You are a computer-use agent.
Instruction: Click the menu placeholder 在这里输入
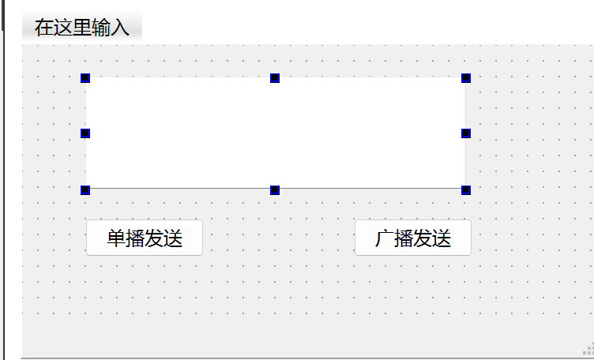[x=81, y=28]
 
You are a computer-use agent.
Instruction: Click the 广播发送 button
[x=412, y=238]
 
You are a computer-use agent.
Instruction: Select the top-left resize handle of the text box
[x=85, y=78]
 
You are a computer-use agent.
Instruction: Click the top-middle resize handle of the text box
[x=275, y=78]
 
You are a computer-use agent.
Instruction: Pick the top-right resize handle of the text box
[x=466, y=78]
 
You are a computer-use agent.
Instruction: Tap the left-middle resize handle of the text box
[x=85, y=133]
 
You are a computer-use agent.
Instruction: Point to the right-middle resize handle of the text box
[x=466, y=133]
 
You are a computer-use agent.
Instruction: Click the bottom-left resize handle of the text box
[x=85, y=189]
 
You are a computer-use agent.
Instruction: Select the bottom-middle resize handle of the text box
[x=275, y=189]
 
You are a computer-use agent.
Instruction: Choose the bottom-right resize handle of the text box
[x=466, y=189]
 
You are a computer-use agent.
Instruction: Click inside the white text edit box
[x=275, y=133]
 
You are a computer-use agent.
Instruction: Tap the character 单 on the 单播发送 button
[x=116, y=238]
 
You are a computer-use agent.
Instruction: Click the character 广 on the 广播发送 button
[x=384, y=238]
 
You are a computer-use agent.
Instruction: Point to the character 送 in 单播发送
[x=173, y=238]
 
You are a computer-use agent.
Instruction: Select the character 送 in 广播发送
[x=442, y=238]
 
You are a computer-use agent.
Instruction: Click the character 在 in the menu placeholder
[x=43, y=28]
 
